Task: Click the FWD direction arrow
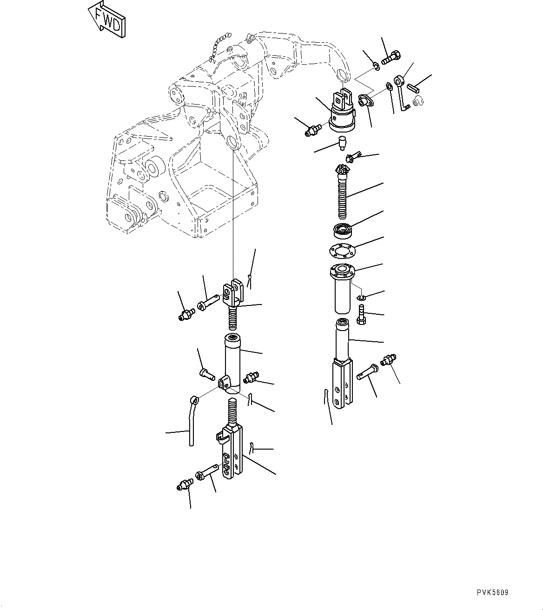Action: [x=107, y=20]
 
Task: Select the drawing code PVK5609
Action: [x=492, y=592]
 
